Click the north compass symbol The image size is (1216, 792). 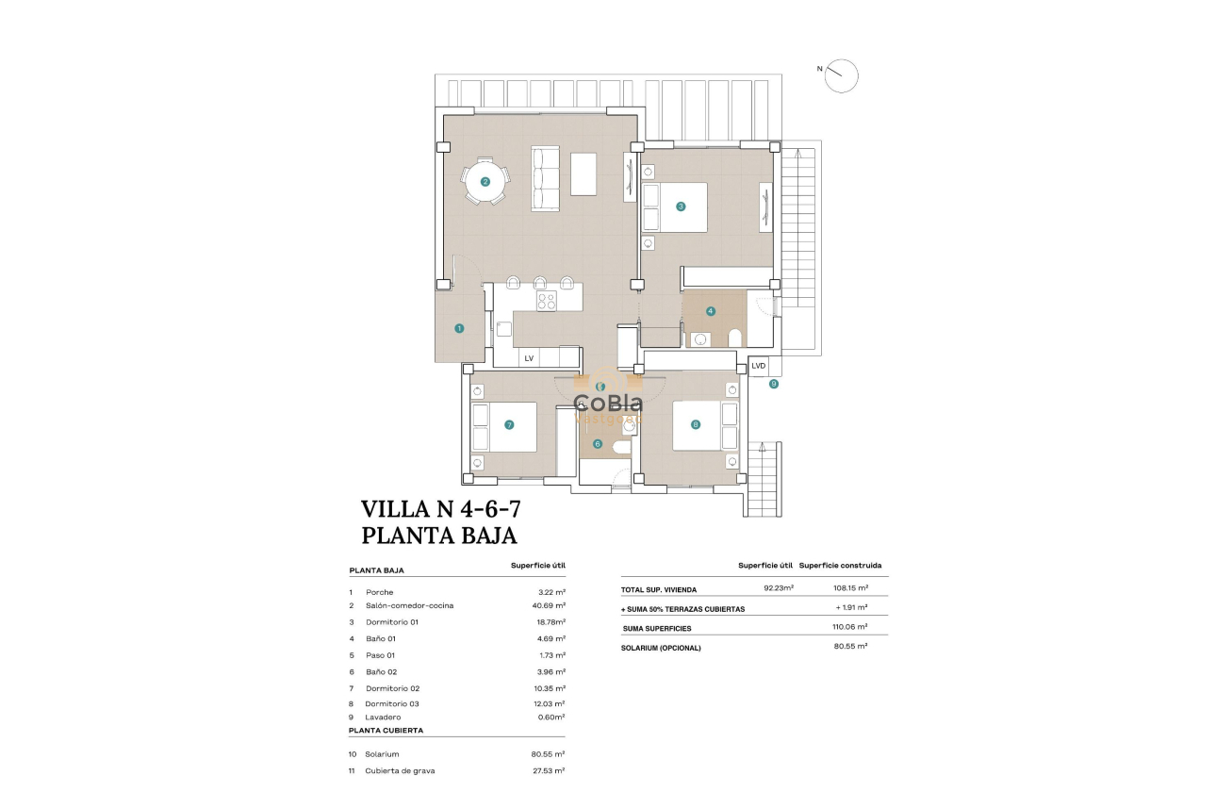click(x=841, y=75)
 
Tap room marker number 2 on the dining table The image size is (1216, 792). click(x=485, y=182)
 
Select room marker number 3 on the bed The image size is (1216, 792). click(x=680, y=206)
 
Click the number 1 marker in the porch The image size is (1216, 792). click(x=459, y=328)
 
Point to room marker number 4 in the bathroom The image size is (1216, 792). click(x=711, y=310)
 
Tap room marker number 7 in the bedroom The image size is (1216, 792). click(x=509, y=424)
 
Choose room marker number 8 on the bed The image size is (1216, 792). click(x=696, y=424)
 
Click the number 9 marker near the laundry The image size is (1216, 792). click(x=773, y=384)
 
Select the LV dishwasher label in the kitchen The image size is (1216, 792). click(x=529, y=358)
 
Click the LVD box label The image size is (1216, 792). click(x=759, y=366)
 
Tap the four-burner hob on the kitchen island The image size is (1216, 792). click(x=547, y=301)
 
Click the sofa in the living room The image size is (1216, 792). click(x=546, y=178)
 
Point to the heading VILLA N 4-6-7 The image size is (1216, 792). click(x=441, y=509)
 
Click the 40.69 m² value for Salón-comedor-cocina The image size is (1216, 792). click(x=549, y=605)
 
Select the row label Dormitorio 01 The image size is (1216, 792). click(x=391, y=622)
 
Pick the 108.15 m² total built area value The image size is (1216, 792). click(x=851, y=589)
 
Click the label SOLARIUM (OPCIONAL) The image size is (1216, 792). click(x=661, y=648)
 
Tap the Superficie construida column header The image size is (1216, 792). click(x=840, y=566)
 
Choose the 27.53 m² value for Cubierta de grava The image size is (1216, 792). click(x=549, y=770)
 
